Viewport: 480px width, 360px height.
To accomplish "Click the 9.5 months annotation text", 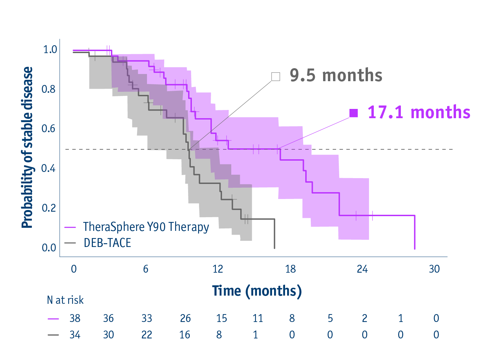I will point(336,75).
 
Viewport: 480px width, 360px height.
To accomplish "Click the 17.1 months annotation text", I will point(419,112).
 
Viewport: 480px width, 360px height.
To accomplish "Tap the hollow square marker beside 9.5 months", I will point(275,76).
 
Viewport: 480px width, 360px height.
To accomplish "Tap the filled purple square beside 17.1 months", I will point(353,113).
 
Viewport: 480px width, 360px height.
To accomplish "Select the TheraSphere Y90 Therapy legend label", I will point(146,227).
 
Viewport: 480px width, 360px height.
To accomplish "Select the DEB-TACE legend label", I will point(107,243).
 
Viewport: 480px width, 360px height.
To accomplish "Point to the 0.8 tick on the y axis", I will point(48,89).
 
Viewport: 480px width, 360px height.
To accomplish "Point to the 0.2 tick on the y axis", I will point(48,208).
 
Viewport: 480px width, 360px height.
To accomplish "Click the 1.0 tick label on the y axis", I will point(50,49).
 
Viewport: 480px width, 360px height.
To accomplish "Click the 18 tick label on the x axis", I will point(290,269).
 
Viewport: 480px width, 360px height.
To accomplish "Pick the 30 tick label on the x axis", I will point(434,269).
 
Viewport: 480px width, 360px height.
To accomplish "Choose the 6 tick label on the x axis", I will point(146,269).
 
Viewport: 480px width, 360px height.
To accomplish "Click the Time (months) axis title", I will point(257,291).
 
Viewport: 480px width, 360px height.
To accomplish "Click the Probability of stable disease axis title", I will point(27,147).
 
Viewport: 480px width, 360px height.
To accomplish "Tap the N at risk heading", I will point(65,300).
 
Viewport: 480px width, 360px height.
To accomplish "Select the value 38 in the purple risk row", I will point(75,318).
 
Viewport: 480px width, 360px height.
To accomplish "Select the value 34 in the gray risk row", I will point(75,335).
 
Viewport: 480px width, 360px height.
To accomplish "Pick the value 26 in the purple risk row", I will point(185,318).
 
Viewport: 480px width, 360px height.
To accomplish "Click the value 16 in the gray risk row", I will point(185,335).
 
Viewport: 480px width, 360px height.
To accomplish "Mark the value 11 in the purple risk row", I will point(258,318).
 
